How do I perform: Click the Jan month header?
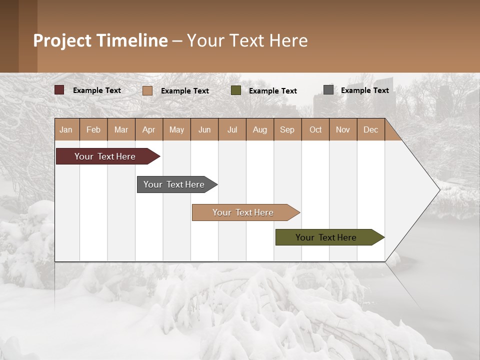66,129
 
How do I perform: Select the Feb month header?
93,129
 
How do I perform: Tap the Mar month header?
121,129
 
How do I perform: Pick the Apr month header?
149,129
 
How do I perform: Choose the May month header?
176,129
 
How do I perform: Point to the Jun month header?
204,129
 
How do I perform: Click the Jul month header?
232,129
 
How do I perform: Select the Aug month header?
260,129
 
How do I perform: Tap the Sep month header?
287,129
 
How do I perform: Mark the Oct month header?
315,129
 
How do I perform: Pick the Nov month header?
343,129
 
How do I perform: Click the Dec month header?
371,129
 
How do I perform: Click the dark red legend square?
59,90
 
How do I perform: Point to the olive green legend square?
236,90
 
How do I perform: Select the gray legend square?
328,90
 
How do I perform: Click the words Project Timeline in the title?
100,40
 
